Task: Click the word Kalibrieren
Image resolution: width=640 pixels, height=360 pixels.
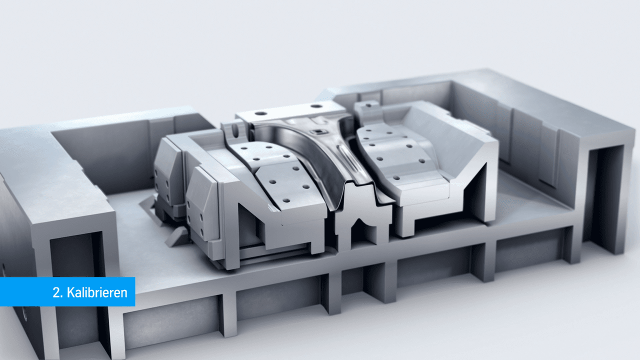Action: click(97, 292)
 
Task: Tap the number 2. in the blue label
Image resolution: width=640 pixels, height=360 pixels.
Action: click(58, 292)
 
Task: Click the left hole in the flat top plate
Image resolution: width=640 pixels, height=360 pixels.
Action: click(260, 113)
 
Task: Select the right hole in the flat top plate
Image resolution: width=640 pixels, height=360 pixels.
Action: click(316, 106)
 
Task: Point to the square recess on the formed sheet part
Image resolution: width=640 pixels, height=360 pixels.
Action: click(317, 132)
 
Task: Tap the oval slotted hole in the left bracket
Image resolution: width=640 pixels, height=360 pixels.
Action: click(236, 131)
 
